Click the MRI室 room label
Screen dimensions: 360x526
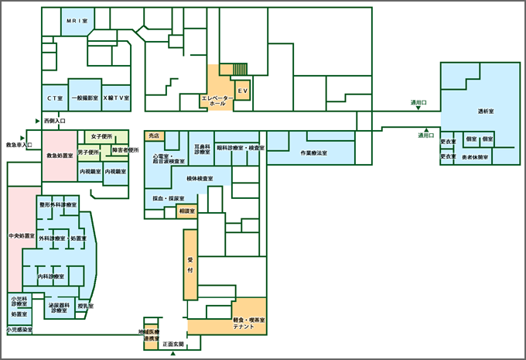(x=75, y=21)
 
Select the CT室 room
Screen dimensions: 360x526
(x=54, y=98)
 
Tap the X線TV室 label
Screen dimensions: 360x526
(x=116, y=98)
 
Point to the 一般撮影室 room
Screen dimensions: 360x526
(x=84, y=98)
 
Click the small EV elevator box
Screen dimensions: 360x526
(x=242, y=91)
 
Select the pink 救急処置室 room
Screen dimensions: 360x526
(x=60, y=156)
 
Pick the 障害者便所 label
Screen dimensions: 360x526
(x=125, y=150)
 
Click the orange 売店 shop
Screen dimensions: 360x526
(x=153, y=135)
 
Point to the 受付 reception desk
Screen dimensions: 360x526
(x=190, y=265)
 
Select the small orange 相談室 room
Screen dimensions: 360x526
(x=186, y=211)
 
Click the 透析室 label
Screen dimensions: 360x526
(x=486, y=112)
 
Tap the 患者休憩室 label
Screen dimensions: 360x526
(x=475, y=157)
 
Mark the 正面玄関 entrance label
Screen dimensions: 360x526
(x=173, y=344)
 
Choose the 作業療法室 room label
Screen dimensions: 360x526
(x=313, y=153)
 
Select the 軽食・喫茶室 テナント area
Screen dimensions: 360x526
(x=249, y=324)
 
